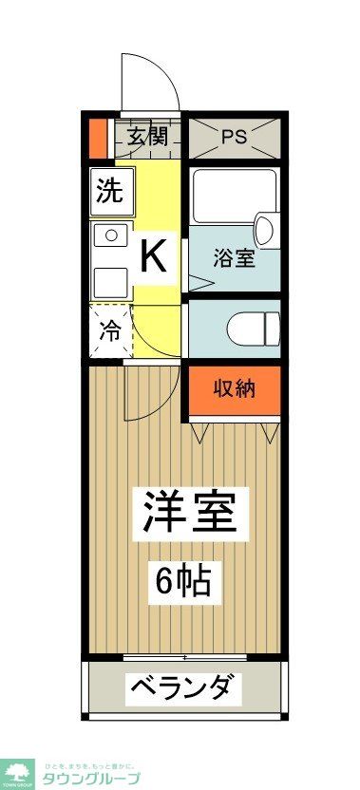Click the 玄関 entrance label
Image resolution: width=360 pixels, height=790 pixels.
tap(146, 136)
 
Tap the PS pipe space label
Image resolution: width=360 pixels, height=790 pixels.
tap(234, 136)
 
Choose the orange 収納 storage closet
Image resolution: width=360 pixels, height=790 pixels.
tap(234, 388)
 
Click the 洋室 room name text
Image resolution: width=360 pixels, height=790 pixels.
tap(195, 514)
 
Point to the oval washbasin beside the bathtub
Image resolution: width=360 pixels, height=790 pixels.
tap(264, 229)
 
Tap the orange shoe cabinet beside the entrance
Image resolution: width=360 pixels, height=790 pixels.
tap(97, 136)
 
